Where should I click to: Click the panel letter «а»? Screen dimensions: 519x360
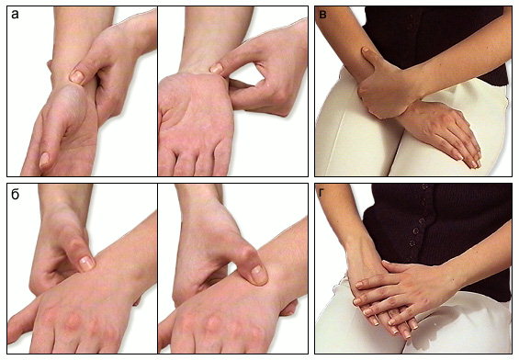(x=15, y=15)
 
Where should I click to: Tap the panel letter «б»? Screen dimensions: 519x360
(x=16, y=194)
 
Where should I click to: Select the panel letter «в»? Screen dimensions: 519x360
(x=322, y=15)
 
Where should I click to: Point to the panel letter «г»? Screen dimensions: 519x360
(x=322, y=193)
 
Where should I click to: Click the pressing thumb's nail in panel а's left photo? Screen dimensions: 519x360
(x=77, y=77)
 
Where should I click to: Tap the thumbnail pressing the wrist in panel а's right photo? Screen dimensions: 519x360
(x=217, y=69)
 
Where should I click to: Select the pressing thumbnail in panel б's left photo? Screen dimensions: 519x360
(x=87, y=263)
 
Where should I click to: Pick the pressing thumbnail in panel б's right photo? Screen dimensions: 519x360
(x=259, y=275)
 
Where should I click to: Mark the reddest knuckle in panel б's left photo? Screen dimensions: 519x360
(x=73, y=321)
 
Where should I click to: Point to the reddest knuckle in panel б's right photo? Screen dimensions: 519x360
(x=212, y=322)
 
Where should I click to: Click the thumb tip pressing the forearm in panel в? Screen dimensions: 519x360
(x=366, y=51)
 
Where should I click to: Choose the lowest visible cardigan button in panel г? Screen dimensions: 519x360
(x=412, y=243)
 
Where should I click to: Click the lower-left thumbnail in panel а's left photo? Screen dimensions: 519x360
(x=44, y=160)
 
